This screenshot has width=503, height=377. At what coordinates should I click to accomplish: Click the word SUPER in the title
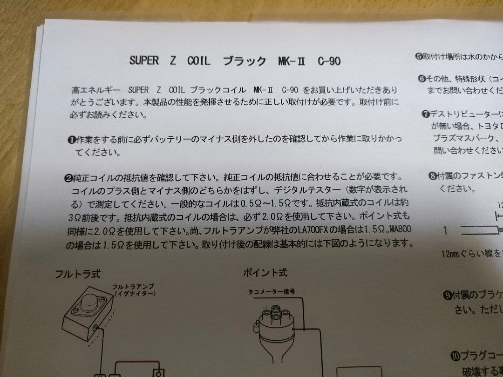(144, 61)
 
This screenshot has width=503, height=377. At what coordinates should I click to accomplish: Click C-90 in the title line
(329, 61)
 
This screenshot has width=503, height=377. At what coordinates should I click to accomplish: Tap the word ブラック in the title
(245, 61)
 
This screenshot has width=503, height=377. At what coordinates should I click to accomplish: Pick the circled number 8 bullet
(432, 176)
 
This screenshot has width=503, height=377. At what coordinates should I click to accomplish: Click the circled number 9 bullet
(447, 295)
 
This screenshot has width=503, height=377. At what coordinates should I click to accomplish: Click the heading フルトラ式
(77, 274)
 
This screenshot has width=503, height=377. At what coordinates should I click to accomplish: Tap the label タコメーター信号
(271, 292)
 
